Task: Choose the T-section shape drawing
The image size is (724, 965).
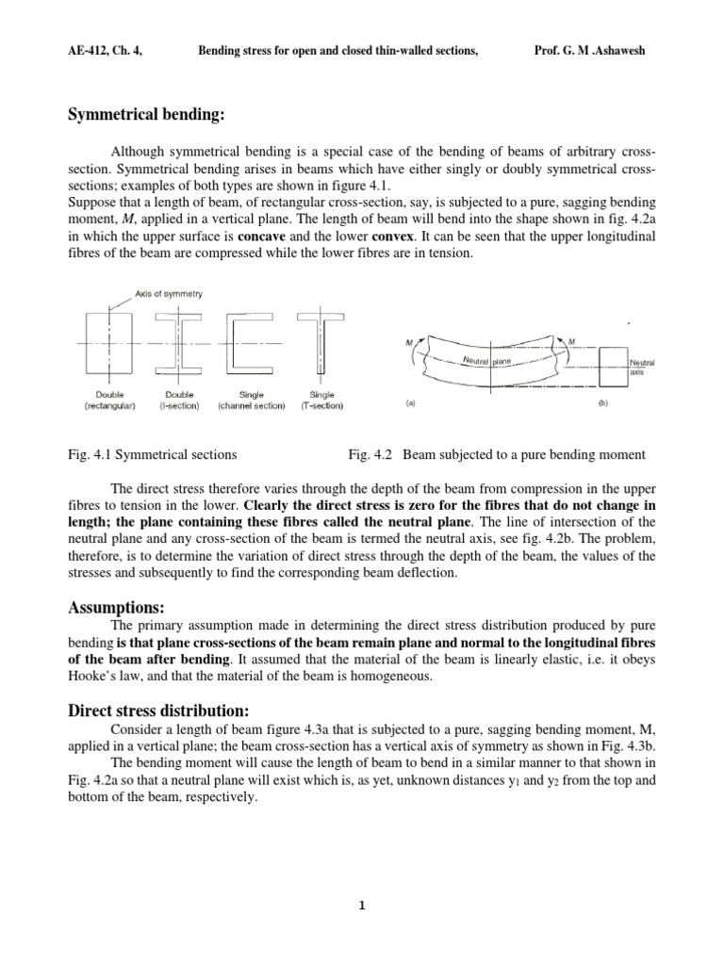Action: click(319, 345)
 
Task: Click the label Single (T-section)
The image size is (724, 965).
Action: click(319, 401)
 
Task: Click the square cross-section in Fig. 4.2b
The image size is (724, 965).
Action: click(611, 363)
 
